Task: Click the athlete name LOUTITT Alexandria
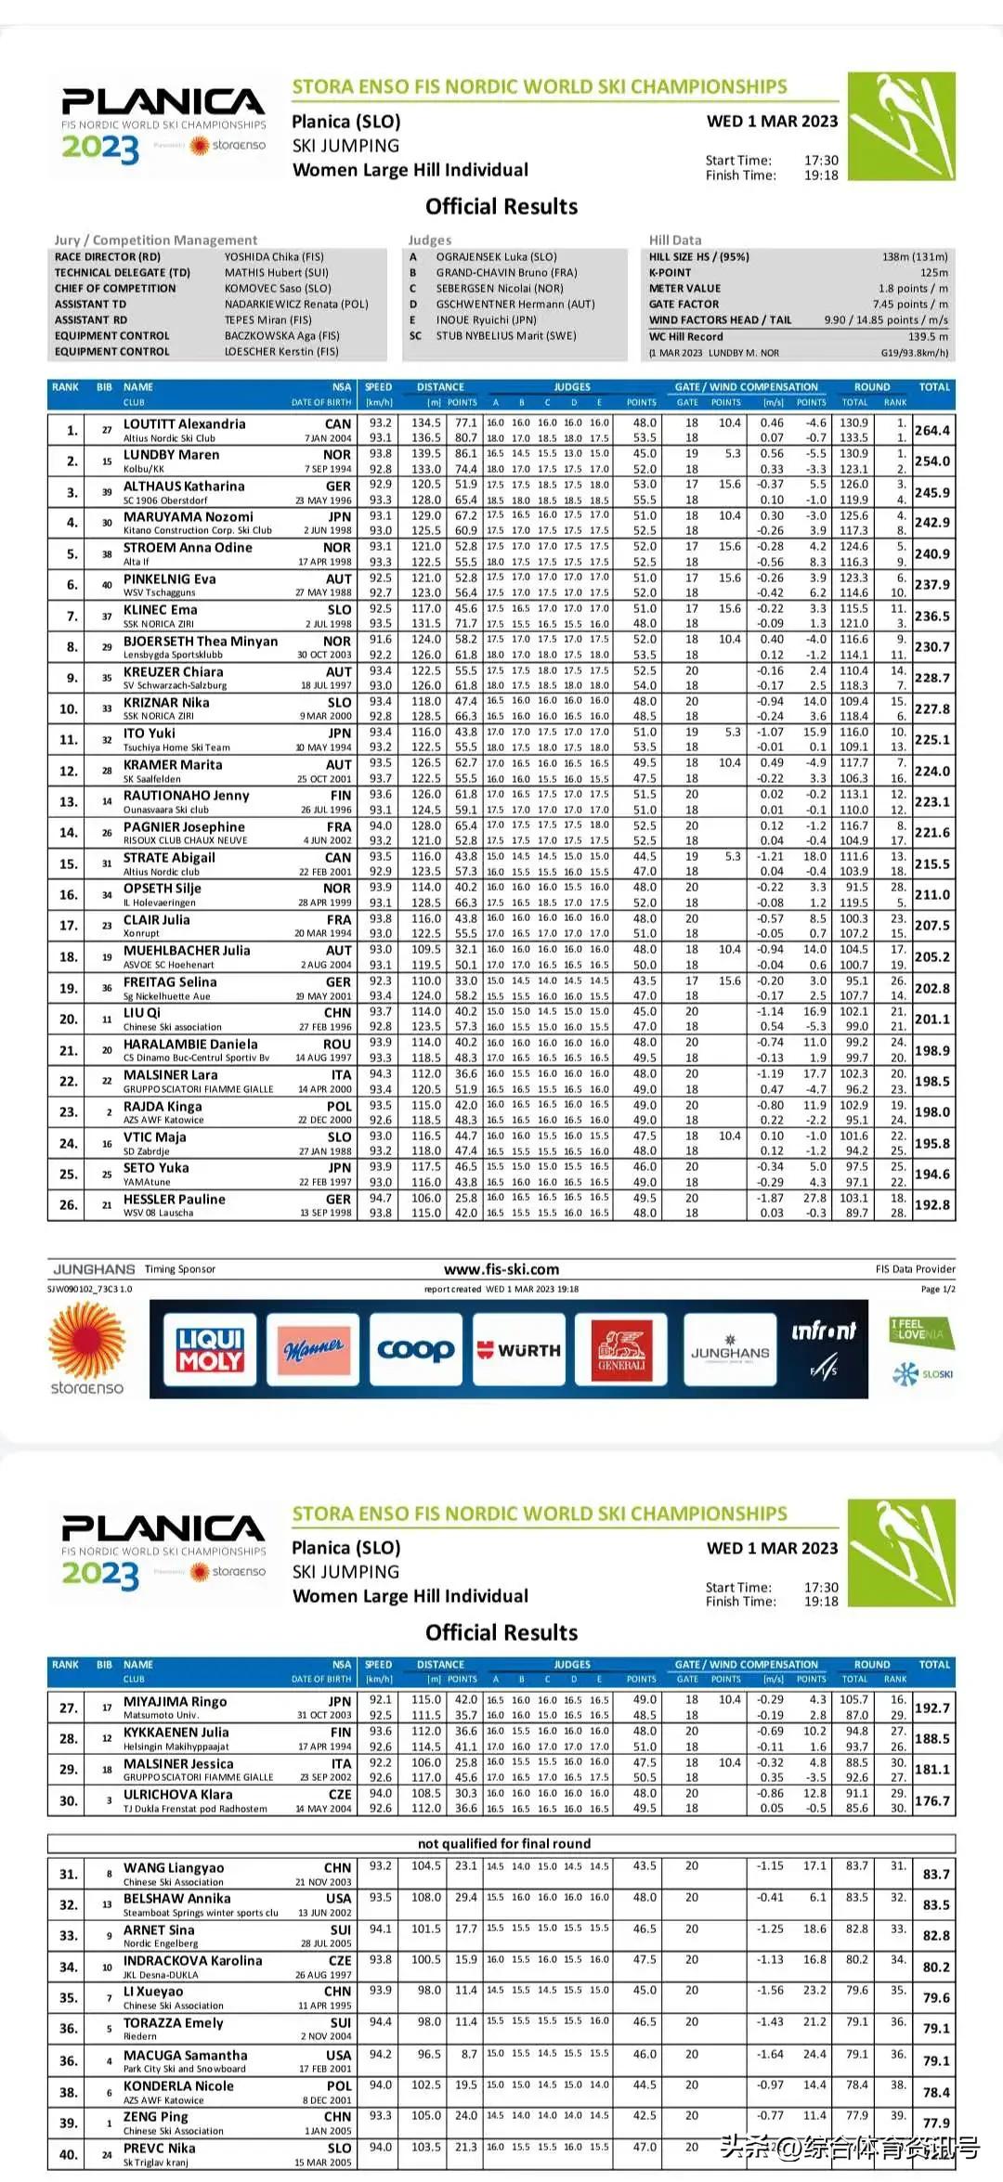pos(184,424)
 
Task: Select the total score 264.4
pos(931,431)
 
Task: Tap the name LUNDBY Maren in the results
pos(171,455)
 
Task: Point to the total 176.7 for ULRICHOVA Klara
pos(931,1801)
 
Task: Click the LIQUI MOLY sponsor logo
pos(210,1349)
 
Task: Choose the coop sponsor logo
pos(415,1349)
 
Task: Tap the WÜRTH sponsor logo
pos(518,1350)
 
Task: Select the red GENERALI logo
pos(621,1349)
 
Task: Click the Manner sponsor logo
pos(313,1349)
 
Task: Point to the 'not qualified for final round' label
pos(503,1844)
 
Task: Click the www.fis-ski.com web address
pos(501,1269)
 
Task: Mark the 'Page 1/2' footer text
pos(937,1290)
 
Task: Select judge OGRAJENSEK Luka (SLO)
pos(496,257)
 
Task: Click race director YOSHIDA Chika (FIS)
pos(274,257)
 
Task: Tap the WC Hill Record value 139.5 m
pos(928,337)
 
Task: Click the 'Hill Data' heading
pos(675,240)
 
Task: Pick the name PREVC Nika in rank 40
pos(159,2148)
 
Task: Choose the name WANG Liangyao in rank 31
pos(173,1867)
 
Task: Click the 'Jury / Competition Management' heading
pos(156,240)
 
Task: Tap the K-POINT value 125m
pos(933,273)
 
